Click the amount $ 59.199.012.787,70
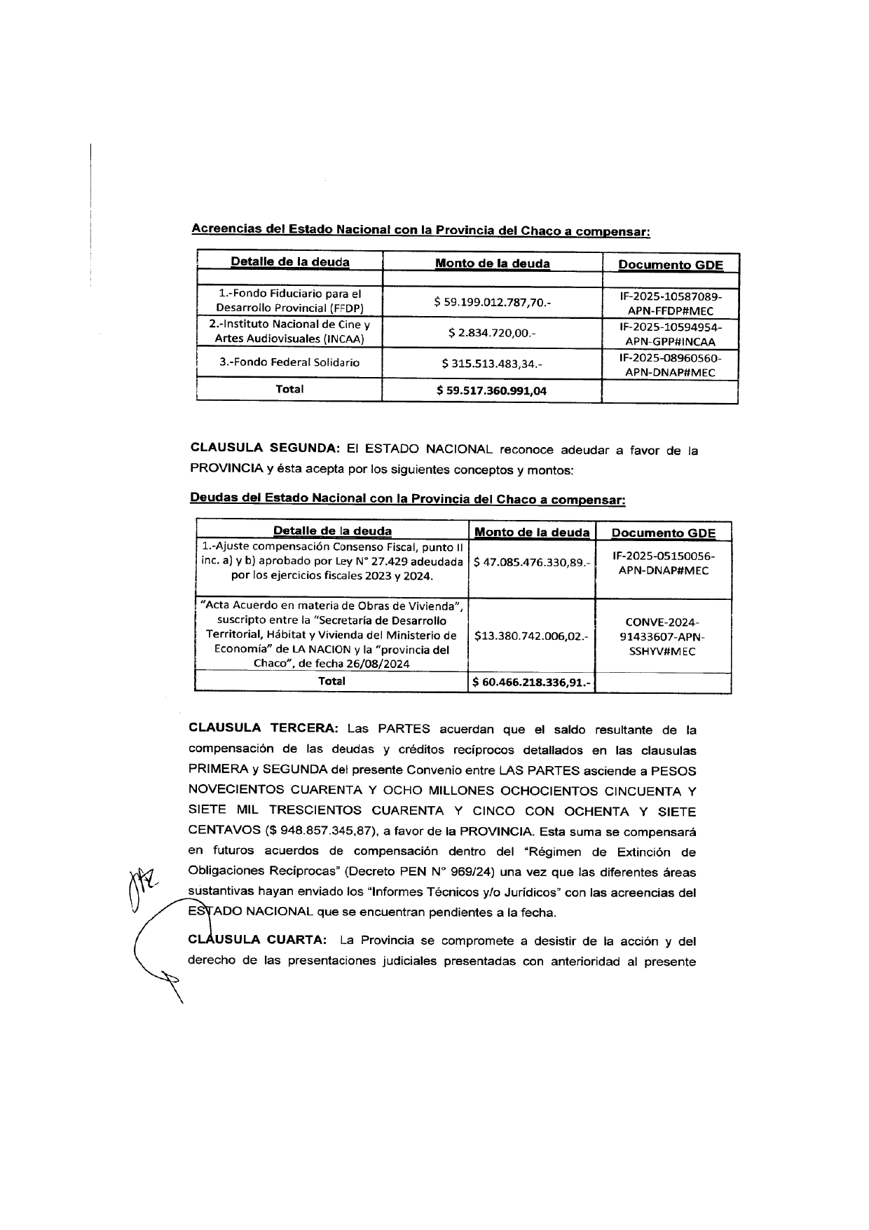492,302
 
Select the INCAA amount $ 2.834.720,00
492,333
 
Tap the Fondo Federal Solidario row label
289,362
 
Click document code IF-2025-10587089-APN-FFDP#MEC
670,303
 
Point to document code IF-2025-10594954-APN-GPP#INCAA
670,334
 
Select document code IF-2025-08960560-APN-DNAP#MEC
670,364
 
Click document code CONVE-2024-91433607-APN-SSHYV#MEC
662,636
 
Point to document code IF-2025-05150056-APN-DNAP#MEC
663,563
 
